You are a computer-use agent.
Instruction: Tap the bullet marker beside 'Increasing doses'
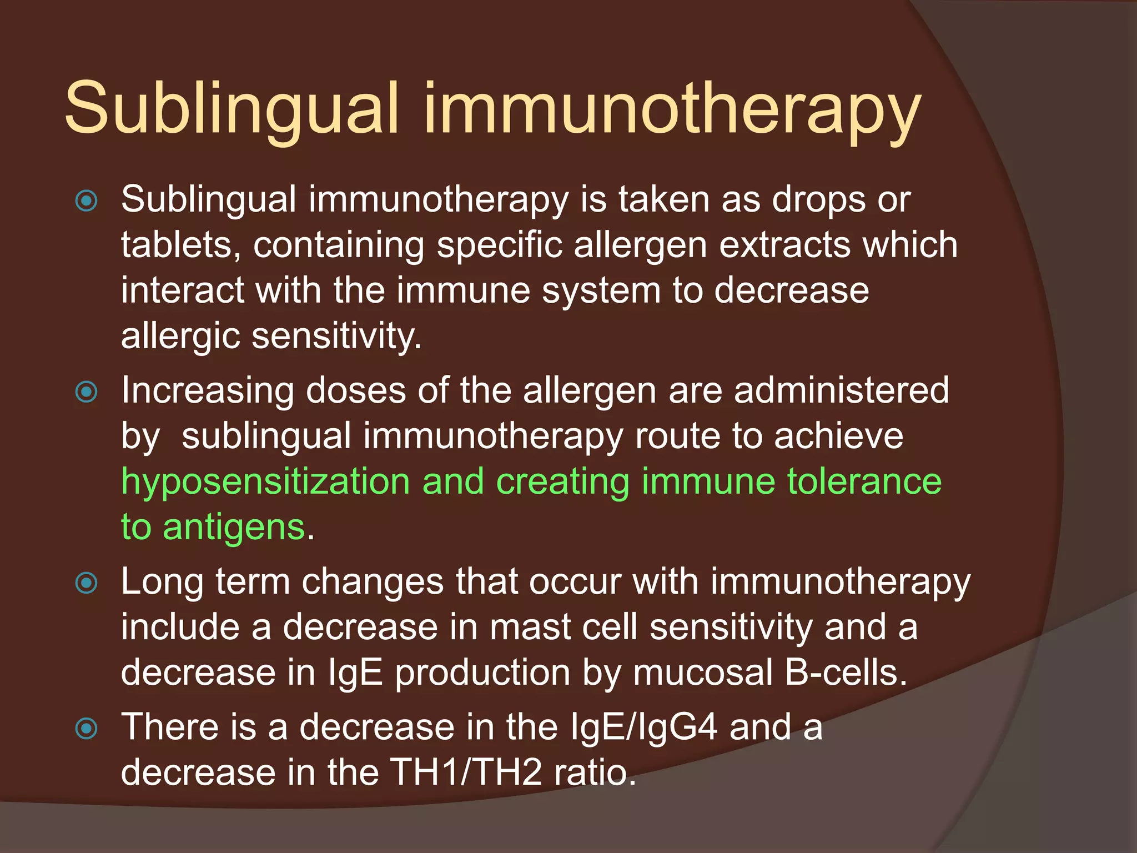click(87, 392)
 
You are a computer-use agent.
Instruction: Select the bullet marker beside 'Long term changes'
click(87, 583)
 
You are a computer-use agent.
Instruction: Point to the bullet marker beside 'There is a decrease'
click(87, 729)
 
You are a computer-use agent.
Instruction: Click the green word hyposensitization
click(265, 482)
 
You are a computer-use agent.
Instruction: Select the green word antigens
click(234, 528)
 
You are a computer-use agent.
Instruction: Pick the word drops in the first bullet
click(818, 199)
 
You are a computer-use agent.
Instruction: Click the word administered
click(842, 390)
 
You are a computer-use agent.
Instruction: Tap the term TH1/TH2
click(466, 772)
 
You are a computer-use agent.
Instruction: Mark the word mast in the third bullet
click(530, 627)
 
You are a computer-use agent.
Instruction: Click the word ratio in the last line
click(595, 772)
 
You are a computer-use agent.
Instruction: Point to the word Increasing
click(208, 392)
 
